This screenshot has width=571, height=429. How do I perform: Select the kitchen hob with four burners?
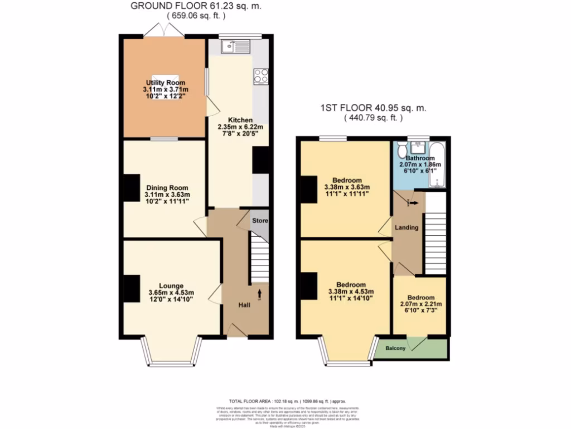[x=260, y=76]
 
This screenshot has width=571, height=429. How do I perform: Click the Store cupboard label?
[x=260, y=221]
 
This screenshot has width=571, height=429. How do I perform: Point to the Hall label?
[x=244, y=306]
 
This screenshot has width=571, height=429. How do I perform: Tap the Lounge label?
[x=171, y=286]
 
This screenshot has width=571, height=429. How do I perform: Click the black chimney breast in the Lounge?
[x=131, y=289]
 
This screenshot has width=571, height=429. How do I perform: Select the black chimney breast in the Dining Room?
[x=131, y=188]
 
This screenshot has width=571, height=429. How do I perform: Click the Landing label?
[x=407, y=228]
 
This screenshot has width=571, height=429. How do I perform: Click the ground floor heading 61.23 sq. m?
[x=195, y=6]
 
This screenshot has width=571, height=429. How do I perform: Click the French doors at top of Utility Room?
[x=164, y=31]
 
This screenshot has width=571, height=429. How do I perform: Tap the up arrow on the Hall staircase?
[x=259, y=292]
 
